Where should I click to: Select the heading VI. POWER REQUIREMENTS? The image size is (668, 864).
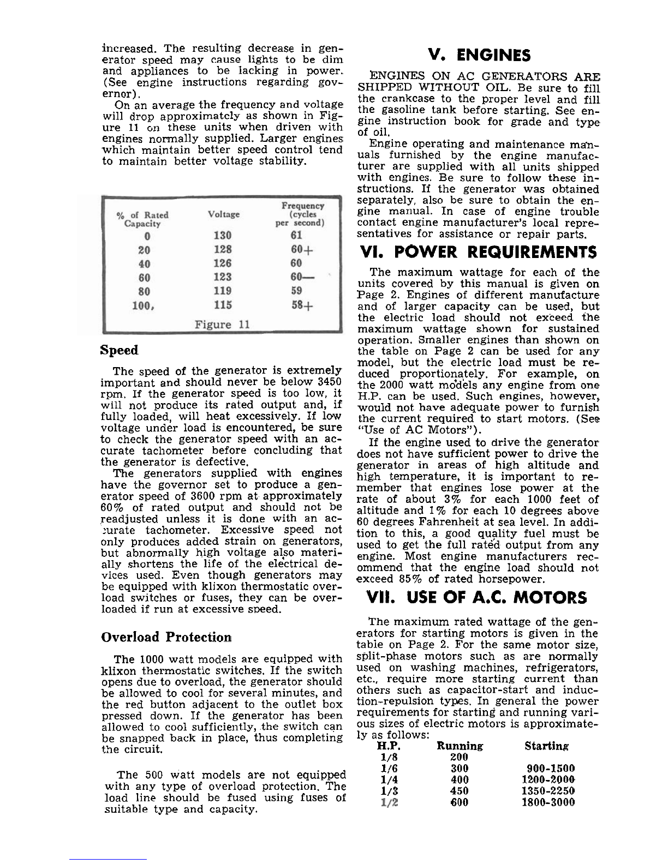pyautogui.click(x=478, y=252)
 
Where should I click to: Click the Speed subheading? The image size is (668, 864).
pyautogui.click(x=119, y=350)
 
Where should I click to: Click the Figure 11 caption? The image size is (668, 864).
pyautogui.click(x=222, y=325)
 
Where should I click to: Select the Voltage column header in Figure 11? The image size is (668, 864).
pyautogui.click(x=224, y=214)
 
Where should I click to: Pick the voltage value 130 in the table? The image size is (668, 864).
pyautogui.click(x=223, y=236)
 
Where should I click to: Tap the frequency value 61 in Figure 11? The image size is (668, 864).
pyautogui.click(x=296, y=236)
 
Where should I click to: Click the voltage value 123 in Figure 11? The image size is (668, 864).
pyautogui.click(x=223, y=277)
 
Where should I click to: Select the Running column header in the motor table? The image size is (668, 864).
pyautogui.click(x=460, y=746)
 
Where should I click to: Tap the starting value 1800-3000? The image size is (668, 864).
pyautogui.click(x=548, y=802)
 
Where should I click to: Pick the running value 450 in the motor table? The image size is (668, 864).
pyautogui.click(x=460, y=791)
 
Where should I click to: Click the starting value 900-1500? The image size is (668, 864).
pyautogui.click(x=548, y=768)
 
